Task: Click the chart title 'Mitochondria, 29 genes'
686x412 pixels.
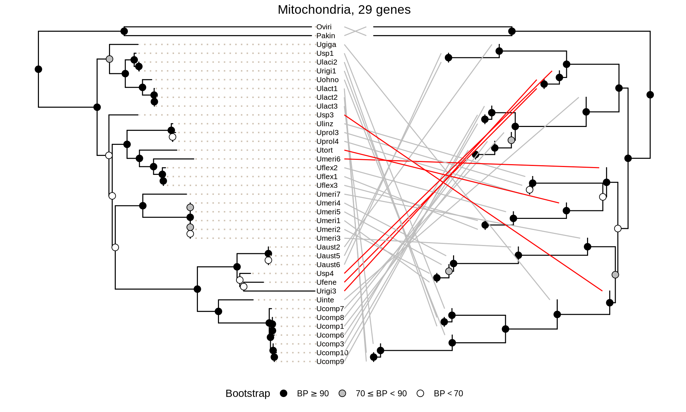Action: click(344, 10)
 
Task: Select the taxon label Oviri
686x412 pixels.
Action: click(324, 27)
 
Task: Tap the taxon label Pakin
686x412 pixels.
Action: click(325, 36)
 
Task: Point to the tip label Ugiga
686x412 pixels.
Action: click(326, 45)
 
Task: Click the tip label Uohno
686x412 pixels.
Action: click(327, 80)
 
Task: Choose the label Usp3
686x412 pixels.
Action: click(325, 115)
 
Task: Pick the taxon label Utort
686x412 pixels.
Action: click(324, 150)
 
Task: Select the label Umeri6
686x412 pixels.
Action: click(328, 159)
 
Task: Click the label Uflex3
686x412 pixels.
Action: click(327, 186)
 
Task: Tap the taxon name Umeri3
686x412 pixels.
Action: click(328, 238)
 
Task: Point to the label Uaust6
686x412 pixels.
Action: click(328, 265)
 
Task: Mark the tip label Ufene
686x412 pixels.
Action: click(326, 282)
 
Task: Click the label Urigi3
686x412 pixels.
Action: click(326, 291)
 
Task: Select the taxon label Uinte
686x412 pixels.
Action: click(325, 300)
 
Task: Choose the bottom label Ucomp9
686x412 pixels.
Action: click(330, 362)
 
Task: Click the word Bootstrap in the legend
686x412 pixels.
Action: click(248, 393)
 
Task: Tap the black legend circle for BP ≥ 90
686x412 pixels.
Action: click(284, 393)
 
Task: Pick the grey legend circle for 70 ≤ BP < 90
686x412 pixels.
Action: click(342, 393)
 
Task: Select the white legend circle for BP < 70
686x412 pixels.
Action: click(420, 393)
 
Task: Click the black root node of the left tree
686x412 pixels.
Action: click(39, 69)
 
